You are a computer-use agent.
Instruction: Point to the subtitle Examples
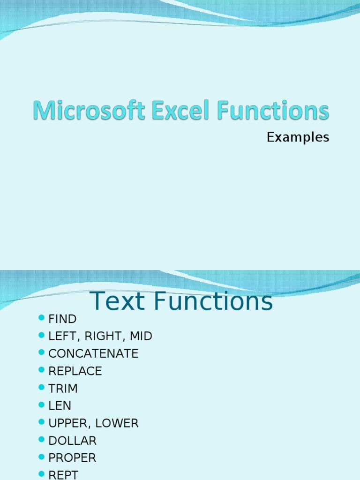298,137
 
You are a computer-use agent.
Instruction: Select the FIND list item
62,319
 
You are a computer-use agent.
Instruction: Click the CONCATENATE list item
93,354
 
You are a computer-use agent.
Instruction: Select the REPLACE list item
75,371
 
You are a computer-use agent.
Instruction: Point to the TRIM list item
63,389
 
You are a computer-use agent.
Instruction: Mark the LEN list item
60,406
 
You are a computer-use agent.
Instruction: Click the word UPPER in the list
67,423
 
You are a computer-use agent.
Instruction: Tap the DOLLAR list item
72,441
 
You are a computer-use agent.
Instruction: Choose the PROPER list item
72,458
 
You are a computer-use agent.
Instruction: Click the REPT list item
63,475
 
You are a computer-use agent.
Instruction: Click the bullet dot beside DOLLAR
41,440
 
